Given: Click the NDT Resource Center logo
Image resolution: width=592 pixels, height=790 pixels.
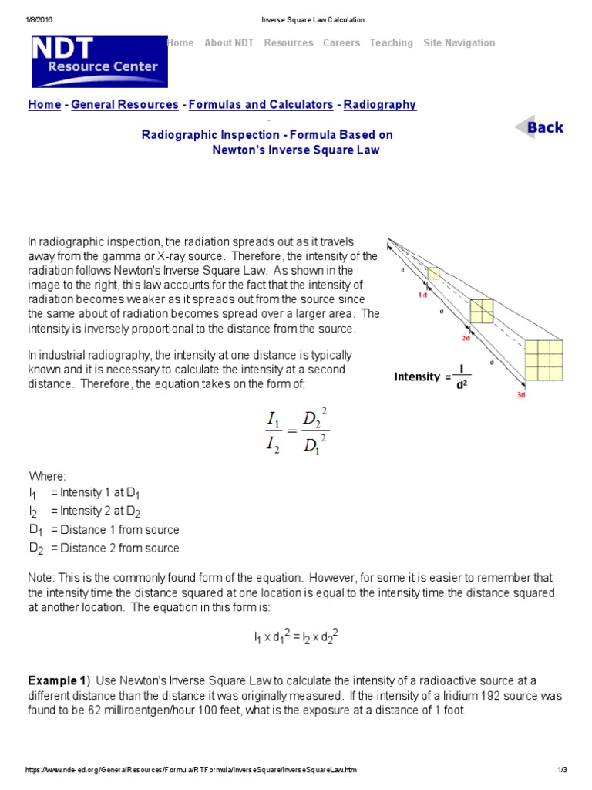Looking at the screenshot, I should tap(99, 61).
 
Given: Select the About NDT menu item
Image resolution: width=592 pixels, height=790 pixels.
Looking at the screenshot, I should tap(229, 43).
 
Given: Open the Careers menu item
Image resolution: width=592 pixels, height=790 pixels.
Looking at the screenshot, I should tap(341, 43).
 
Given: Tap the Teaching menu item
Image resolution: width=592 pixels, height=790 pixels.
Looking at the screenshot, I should tap(391, 43).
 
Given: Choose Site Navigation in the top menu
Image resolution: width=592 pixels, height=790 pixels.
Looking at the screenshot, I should tap(459, 43).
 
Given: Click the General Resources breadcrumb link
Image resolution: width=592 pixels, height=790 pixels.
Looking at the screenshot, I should tap(125, 105).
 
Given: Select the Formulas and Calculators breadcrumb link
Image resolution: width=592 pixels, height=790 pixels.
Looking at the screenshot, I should tap(261, 105).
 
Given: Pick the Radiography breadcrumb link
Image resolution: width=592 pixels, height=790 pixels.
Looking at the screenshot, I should tap(379, 105).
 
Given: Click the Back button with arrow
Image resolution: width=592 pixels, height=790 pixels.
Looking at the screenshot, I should tap(540, 128).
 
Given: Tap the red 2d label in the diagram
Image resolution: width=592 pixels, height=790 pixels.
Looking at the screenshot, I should tap(466, 338).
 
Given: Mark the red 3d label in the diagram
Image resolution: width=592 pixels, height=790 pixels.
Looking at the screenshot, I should tap(521, 395).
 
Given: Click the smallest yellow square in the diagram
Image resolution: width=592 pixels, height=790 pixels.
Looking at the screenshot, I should tap(433, 273).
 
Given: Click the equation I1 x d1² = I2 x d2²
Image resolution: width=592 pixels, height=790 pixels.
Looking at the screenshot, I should tap(297, 637).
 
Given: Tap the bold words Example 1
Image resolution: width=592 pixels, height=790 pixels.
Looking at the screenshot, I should tap(57, 680).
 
